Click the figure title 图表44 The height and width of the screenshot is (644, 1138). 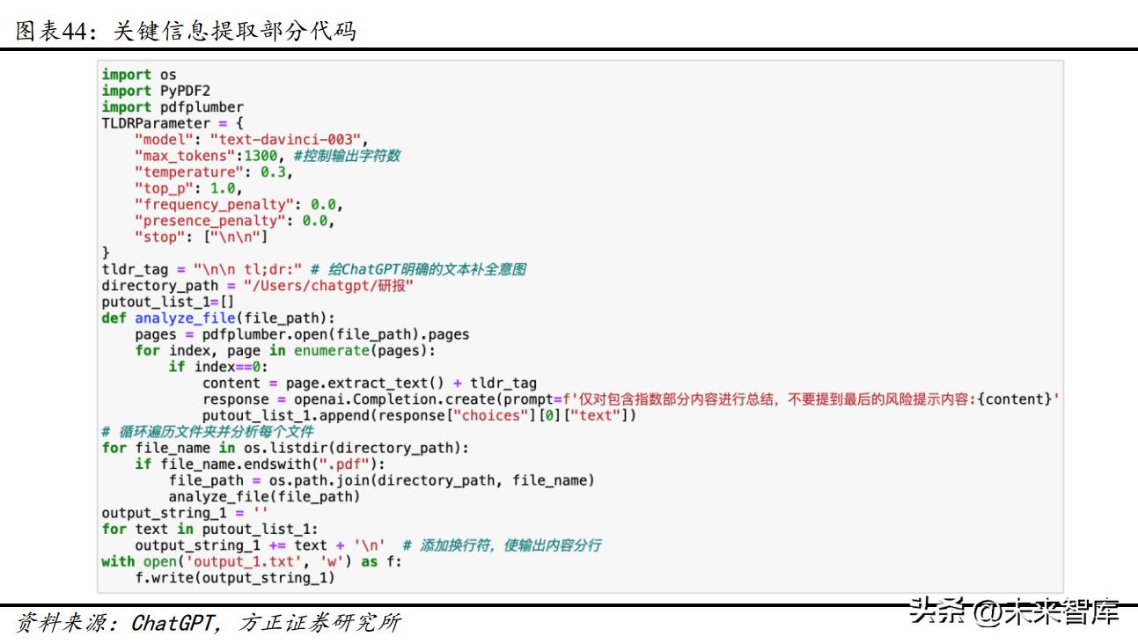[53, 31]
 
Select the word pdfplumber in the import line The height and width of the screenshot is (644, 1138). [202, 107]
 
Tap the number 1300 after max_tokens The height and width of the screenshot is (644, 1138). [264, 156]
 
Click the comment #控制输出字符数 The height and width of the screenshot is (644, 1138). [347, 156]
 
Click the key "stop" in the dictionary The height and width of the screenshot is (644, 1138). [160, 238]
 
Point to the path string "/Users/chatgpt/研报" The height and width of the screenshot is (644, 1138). [328, 286]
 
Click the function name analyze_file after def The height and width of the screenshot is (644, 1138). [185, 318]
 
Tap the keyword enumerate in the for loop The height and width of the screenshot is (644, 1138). [331, 351]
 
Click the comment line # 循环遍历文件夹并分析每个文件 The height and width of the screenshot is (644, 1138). [208, 432]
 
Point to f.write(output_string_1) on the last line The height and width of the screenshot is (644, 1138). [235, 578]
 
